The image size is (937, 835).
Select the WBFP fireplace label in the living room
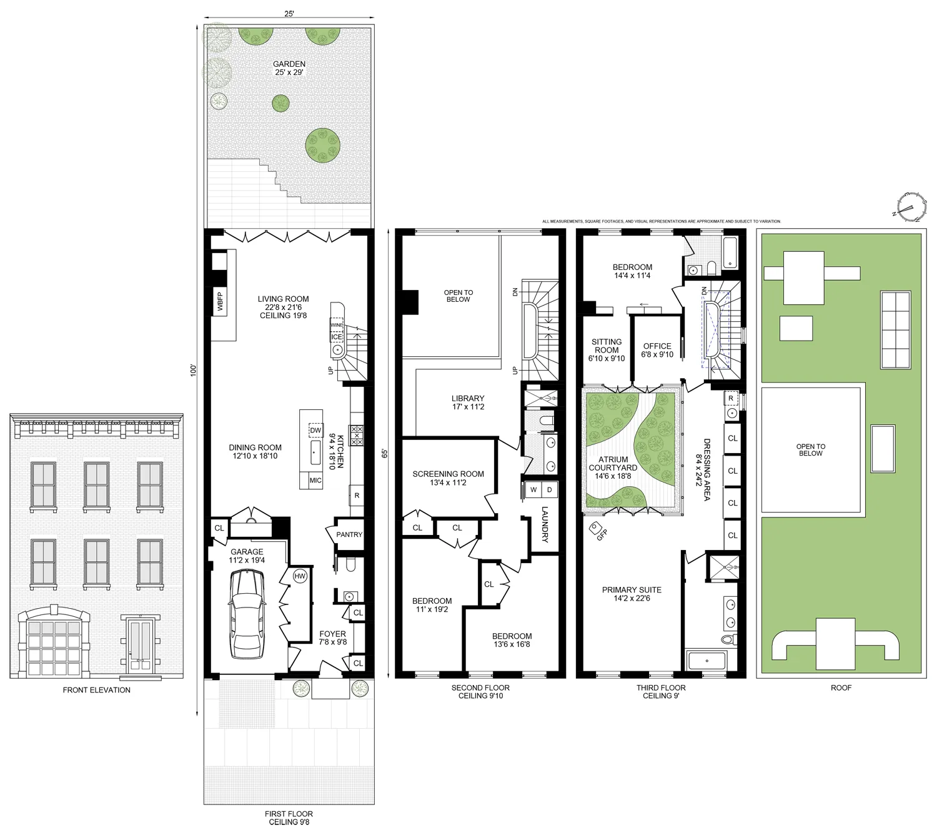[x=220, y=301]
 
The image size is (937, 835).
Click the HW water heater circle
[x=300, y=576]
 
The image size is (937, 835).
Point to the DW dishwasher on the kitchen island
[x=315, y=431]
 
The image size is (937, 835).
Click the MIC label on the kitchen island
[x=315, y=481]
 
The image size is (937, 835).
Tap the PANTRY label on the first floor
[x=349, y=534]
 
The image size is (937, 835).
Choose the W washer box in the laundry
[x=533, y=489]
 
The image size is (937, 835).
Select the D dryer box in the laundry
[x=550, y=489]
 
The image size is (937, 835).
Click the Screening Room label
[x=448, y=474]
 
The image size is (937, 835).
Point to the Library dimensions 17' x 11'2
[x=468, y=407]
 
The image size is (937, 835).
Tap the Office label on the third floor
[x=657, y=346]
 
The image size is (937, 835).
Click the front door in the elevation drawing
[x=140, y=646]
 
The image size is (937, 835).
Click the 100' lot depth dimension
[x=194, y=370]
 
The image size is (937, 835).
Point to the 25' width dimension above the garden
[x=289, y=14]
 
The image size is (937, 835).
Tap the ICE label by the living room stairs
[x=337, y=337]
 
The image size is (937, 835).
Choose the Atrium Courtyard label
[x=613, y=464]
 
